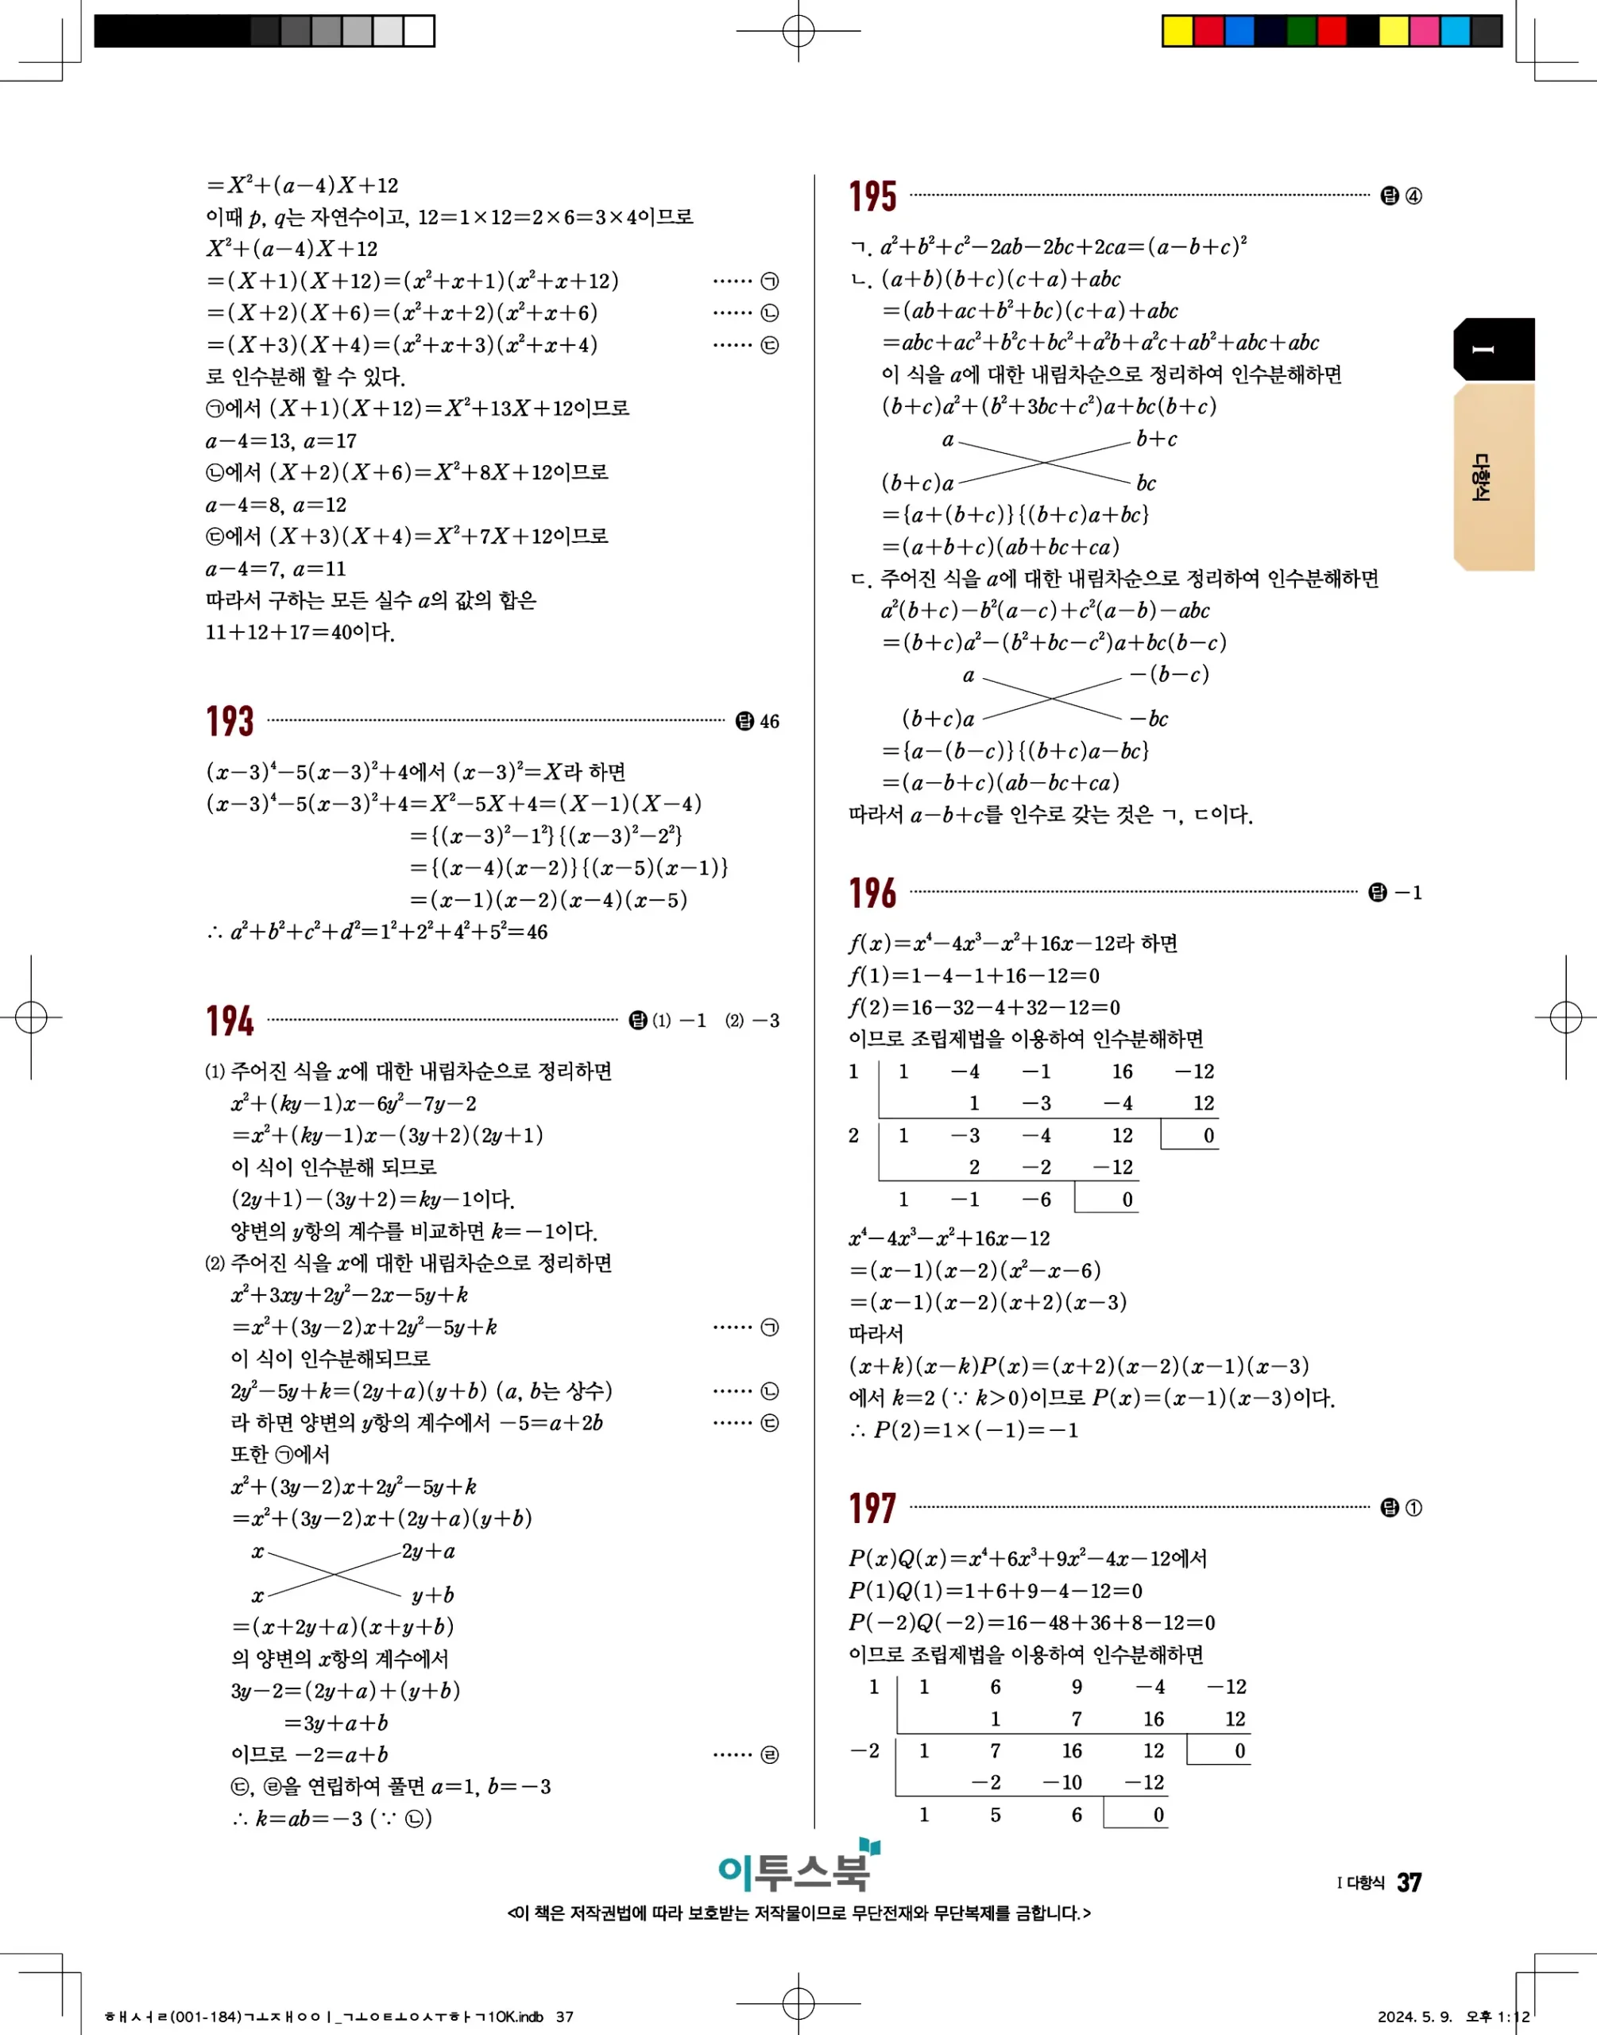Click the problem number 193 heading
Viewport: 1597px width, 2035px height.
[229, 722]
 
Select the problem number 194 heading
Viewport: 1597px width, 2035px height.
[229, 1021]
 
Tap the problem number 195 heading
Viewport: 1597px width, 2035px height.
[872, 196]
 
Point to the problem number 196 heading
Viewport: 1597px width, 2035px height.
[872, 893]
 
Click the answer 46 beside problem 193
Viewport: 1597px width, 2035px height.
[768, 722]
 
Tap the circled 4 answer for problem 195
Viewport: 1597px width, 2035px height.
[1413, 196]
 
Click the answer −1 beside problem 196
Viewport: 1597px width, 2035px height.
[1407, 893]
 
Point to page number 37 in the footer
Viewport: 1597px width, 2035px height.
[1409, 1882]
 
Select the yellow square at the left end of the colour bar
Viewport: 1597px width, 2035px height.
[1177, 31]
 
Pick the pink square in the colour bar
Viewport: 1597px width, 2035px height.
[1424, 31]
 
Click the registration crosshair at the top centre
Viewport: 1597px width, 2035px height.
[798, 31]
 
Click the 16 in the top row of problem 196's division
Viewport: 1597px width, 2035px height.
[1122, 1072]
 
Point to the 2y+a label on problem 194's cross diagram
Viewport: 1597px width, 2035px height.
[428, 1552]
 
